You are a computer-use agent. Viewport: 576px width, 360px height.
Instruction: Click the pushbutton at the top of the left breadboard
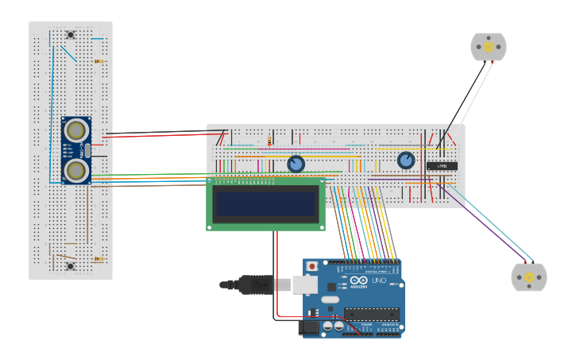(71, 34)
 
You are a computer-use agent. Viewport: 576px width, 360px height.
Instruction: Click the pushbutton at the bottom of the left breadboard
(71, 266)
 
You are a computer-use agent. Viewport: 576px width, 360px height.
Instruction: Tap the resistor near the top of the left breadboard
(99, 61)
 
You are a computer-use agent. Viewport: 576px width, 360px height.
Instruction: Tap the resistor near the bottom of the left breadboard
(99, 259)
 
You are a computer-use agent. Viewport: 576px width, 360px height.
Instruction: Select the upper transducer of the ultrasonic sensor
(76, 130)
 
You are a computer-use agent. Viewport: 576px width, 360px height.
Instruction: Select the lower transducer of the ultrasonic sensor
(76, 170)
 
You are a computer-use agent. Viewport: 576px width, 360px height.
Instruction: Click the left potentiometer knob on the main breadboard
(296, 164)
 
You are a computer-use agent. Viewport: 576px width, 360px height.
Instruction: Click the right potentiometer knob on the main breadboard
(406, 161)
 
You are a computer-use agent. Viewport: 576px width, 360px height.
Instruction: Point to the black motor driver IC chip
(442, 166)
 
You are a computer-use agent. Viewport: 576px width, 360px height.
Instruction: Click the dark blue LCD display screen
(265, 204)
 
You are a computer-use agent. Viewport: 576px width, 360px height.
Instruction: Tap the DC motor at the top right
(488, 47)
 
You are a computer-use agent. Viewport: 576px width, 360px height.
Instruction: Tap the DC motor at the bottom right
(528, 277)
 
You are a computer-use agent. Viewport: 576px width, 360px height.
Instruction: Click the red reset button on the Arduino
(312, 266)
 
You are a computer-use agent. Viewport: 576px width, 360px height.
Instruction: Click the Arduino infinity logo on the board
(358, 281)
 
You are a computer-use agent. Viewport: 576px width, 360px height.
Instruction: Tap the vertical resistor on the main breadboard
(270, 142)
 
